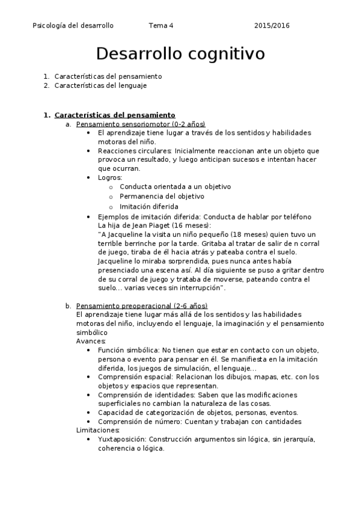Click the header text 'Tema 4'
click(161, 26)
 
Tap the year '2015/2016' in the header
click(272, 26)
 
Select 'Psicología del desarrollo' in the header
click(73, 26)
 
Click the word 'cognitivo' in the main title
click(224, 54)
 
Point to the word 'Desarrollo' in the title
click(136, 54)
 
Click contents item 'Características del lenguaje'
click(100, 85)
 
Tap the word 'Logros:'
click(110, 177)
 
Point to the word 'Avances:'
click(91, 341)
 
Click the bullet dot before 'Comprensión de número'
click(89, 422)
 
